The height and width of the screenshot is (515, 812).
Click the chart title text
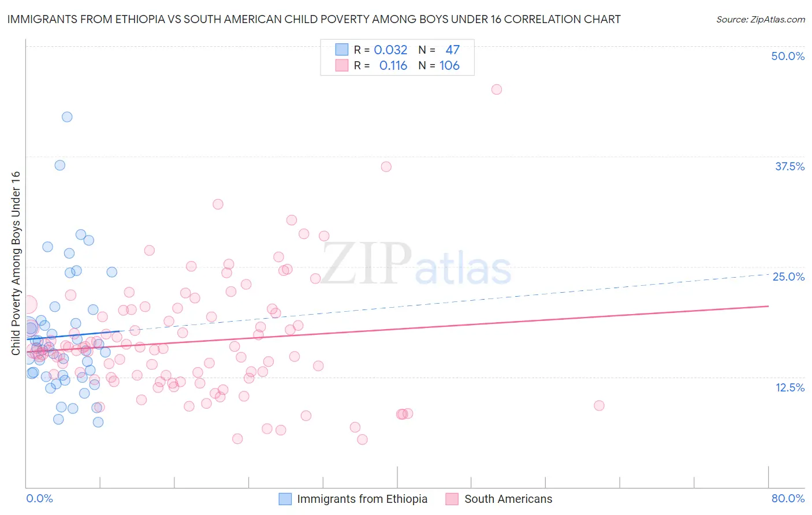314,19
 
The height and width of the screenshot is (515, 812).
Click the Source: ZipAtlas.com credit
760,20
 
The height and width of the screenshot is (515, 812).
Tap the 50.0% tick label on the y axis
788,56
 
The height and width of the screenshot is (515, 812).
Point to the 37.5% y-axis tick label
789,166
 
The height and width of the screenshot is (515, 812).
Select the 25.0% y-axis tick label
788,277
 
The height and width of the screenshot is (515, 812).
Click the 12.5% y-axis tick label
789,387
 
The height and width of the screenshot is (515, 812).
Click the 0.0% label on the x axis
39,498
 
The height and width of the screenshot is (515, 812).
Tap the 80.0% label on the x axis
788,498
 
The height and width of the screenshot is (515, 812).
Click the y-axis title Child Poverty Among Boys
16,263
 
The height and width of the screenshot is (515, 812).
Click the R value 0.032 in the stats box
390,50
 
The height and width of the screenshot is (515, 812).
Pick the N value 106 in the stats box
449,66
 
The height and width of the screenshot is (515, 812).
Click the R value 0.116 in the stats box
393,66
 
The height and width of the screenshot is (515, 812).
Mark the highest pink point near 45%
497,89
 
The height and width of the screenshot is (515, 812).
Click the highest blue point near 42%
67,117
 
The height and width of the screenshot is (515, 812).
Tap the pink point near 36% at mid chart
386,167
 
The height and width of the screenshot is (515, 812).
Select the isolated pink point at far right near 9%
599,406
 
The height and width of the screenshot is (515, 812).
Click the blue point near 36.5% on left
59,165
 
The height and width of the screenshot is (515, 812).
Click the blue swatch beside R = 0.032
342,50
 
